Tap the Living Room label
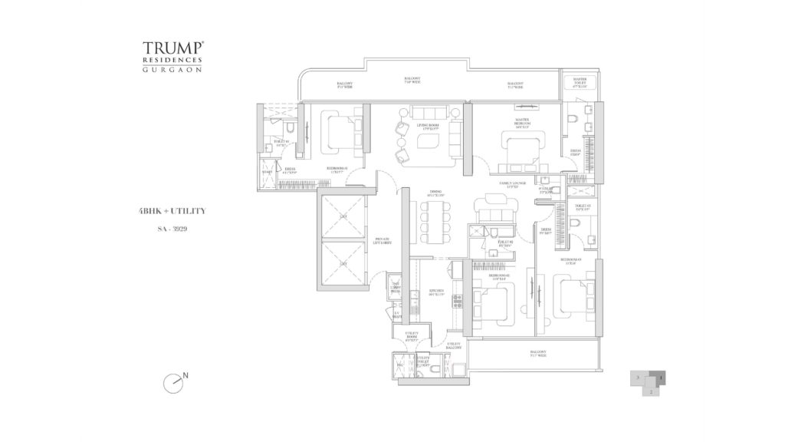tap(426, 127)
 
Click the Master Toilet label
tap(573, 83)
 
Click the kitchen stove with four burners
tap(458, 302)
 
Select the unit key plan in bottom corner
tap(649, 381)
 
